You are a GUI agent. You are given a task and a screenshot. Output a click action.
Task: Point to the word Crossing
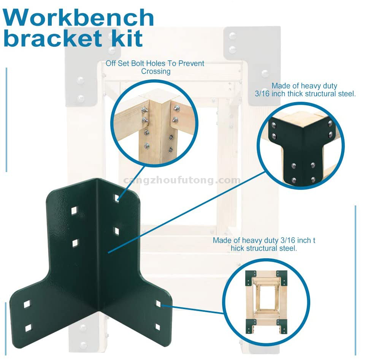[156, 71]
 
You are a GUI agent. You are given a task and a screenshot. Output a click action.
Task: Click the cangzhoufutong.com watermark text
[182, 180]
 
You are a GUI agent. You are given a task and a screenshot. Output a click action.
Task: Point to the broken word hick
[238, 248]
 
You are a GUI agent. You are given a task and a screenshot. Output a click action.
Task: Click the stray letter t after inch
[314, 240]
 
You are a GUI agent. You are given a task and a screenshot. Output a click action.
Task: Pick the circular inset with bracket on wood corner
[300, 147]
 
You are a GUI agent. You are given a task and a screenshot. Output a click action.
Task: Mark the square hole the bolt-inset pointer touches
[117, 198]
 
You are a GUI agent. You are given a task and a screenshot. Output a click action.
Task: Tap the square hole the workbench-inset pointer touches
[158, 303]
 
